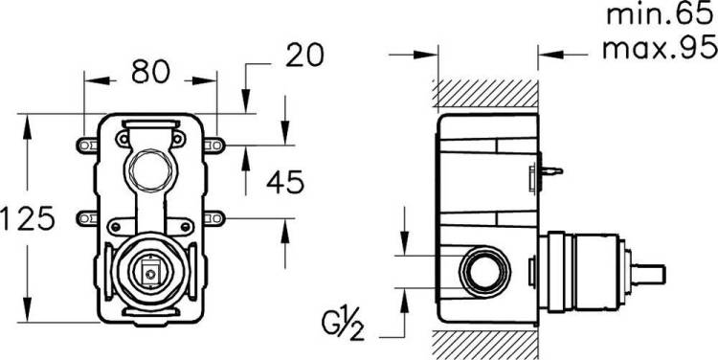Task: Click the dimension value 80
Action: [150, 72]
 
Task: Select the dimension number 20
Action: [304, 56]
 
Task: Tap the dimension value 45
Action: [285, 182]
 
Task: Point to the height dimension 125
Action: [28, 218]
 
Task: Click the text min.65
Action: [662, 14]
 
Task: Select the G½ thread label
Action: [343, 326]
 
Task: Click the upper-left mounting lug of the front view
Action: [86, 146]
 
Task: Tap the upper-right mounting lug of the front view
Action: [214, 146]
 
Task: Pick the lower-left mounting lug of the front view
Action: [86, 218]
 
